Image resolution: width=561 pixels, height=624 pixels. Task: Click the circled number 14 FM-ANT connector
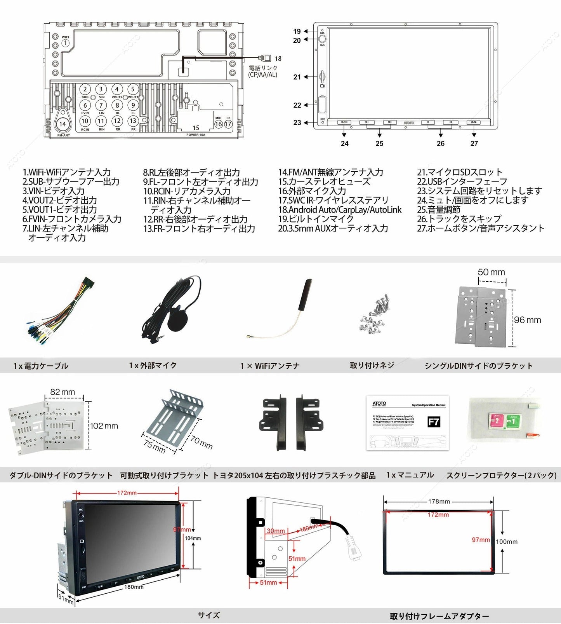(63, 124)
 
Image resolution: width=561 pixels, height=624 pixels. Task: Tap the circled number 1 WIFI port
(65, 43)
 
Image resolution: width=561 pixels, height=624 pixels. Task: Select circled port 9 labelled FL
(133, 105)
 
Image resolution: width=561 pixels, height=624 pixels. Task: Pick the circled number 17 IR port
(228, 124)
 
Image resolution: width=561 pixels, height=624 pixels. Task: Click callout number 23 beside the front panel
(297, 123)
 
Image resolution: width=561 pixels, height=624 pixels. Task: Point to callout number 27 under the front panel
(474, 143)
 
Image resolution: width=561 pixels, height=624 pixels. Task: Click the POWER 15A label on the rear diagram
(196, 135)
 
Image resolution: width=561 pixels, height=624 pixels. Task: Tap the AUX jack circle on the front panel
(322, 39)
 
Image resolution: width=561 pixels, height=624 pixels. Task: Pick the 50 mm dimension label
(491, 272)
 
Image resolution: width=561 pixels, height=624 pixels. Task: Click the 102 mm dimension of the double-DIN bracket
(104, 426)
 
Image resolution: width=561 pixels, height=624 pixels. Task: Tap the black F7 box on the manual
(434, 422)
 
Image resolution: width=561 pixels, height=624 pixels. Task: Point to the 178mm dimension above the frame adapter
(439, 502)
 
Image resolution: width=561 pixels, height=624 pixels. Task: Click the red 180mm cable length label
(309, 528)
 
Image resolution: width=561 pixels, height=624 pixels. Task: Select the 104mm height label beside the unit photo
(193, 538)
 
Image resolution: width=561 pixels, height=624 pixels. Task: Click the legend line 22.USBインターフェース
(462, 181)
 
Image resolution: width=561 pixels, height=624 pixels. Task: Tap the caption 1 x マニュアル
(410, 475)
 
